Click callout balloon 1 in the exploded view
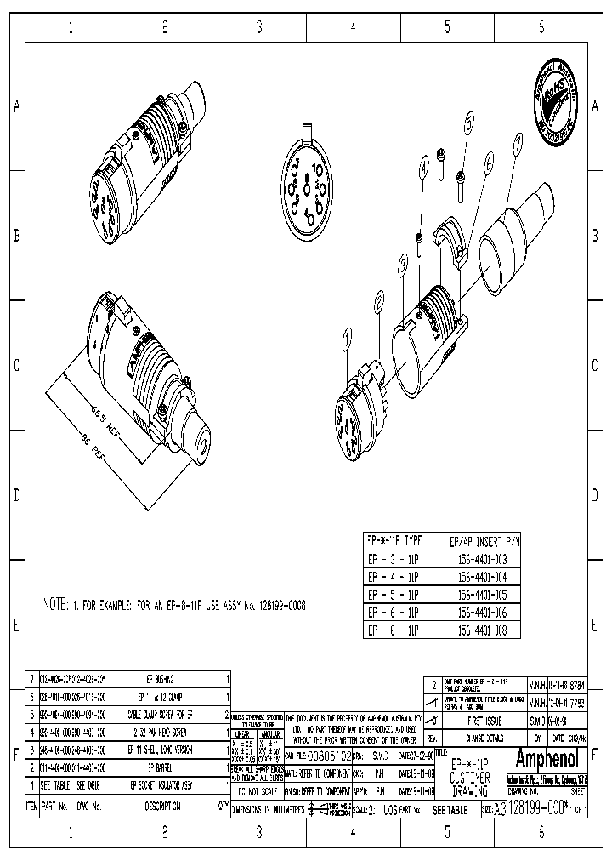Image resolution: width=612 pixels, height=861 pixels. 346,339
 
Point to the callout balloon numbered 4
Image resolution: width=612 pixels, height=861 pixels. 423,170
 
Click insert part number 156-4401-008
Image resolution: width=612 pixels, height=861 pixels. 483,630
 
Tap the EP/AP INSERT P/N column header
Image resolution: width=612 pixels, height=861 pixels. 483,541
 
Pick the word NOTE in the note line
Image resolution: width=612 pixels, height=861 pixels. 58,605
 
